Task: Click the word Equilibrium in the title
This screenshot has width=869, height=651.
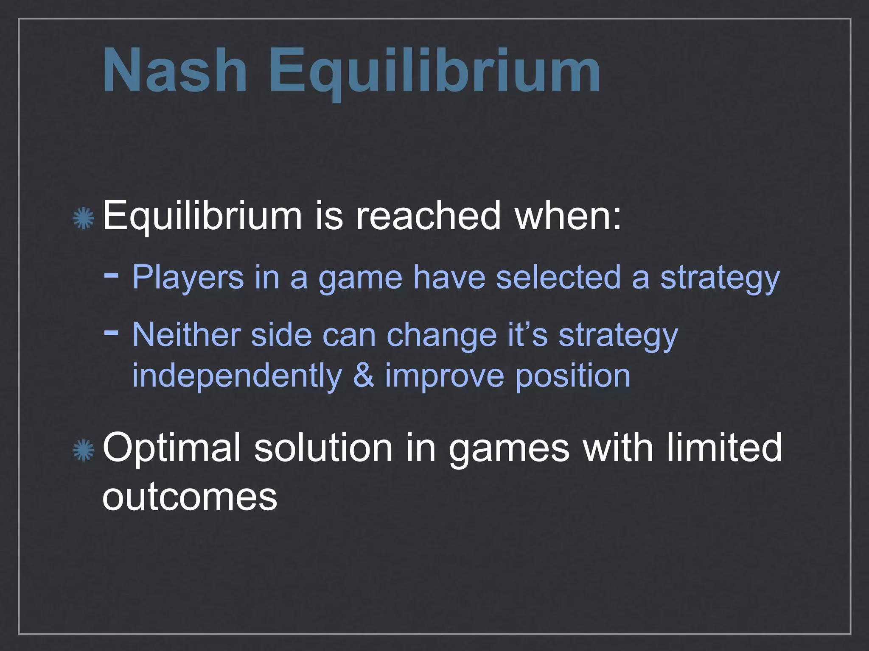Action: (434, 72)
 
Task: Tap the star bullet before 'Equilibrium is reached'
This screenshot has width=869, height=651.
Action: (83, 218)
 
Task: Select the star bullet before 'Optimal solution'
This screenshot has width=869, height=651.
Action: (83, 450)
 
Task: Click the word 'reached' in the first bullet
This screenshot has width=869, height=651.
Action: (428, 216)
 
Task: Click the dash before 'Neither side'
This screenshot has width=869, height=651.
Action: (111, 333)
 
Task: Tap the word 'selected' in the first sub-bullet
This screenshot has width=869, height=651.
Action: (558, 277)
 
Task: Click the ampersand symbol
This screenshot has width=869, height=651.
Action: (364, 376)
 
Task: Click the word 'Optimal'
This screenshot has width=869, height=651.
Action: (171, 448)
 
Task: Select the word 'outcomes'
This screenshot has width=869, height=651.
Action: (190, 497)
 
